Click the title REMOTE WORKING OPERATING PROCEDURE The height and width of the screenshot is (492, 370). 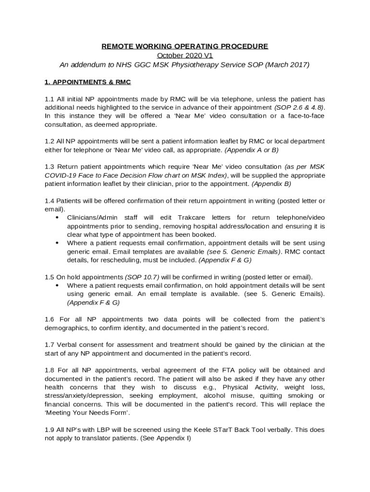pyautogui.click(x=185, y=46)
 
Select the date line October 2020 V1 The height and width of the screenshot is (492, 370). pyautogui.click(x=185, y=55)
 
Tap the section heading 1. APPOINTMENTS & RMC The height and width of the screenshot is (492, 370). pyautogui.click(x=87, y=82)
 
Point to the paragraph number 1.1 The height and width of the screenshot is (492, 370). pyautogui.click(x=49, y=99)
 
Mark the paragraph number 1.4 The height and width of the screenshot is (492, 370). pyautogui.click(x=49, y=200)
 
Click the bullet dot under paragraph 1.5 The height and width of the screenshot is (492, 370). pyautogui.click(x=57, y=285)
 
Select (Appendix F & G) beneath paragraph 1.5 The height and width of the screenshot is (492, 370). pyautogui.click(x=93, y=303)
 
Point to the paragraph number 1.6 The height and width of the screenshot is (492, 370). pyautogui.click(x=49, y=320)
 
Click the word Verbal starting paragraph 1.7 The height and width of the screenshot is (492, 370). pyautogui.click(x=67, y=344)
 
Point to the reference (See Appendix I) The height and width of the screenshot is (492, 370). pyautogui.click(x=165, y=438)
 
